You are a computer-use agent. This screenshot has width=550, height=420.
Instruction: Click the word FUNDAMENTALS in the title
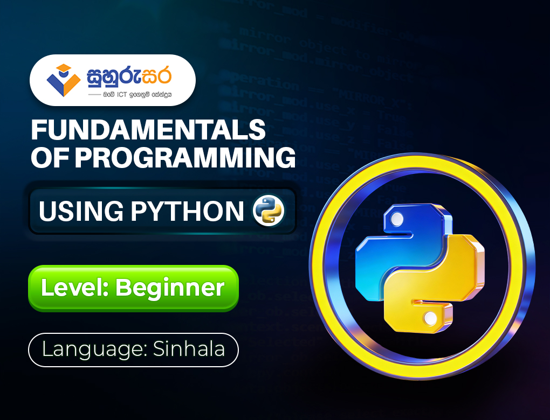tap(148, 130)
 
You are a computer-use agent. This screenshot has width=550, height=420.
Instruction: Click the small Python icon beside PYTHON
tap(268, 211)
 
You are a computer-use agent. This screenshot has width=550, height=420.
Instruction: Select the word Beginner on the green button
tap(170, 288)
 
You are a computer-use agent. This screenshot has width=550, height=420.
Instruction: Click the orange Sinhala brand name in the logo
tap(129, 77)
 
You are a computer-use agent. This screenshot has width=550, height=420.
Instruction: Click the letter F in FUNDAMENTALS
tap(38, 130)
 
